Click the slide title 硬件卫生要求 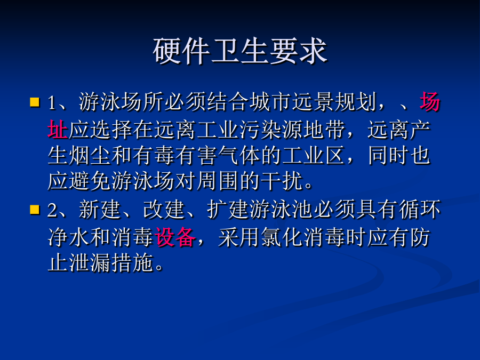(240, 51)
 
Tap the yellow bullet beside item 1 (35, 102)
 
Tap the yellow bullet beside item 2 (35, 210)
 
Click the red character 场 (430, 102)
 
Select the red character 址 (58, 129)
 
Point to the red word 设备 (175, 237)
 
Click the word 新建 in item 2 (100, 210)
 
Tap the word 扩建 (228, 210)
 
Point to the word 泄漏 (90, 263)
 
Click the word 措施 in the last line (133, 263)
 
